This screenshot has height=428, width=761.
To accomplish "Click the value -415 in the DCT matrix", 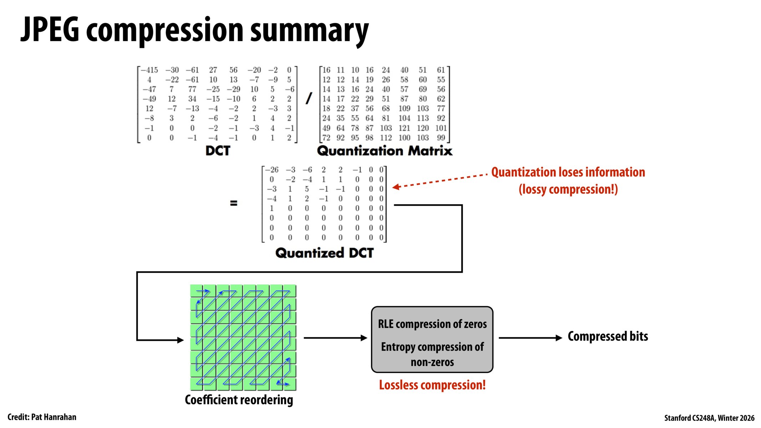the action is [x=149, y=70].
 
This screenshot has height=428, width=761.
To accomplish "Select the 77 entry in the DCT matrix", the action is [x=192, y=89].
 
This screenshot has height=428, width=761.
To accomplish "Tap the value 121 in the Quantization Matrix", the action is [x=404, y=128].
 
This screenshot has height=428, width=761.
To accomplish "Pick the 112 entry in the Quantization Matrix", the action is [x=386, y=138].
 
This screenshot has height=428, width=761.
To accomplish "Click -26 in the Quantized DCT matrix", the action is [x=272, y=170].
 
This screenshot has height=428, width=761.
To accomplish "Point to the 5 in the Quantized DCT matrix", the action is [x=306, y=189].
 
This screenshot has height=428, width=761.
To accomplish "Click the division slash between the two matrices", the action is [x=309, y=98].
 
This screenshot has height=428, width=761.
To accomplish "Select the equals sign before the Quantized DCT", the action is [x=234, y=203].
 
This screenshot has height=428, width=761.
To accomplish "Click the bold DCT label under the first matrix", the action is [x=218, y=151].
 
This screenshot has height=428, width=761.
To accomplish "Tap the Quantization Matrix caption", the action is [x=385, y=151].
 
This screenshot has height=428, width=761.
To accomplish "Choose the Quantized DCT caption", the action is [x=324, y=253].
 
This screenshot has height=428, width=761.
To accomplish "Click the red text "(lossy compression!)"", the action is [x=568, y=189].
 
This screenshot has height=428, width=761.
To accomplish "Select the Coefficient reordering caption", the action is [x=239, y=400].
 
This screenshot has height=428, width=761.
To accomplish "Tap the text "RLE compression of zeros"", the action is [x=432, y=324].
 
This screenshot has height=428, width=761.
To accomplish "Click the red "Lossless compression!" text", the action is [x=432, y=385].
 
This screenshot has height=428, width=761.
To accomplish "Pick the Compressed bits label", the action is [x=608, y=336].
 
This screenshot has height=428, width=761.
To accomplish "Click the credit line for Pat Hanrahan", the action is [x=42, y=417].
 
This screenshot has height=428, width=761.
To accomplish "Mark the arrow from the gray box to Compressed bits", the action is [x=530, y=338].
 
